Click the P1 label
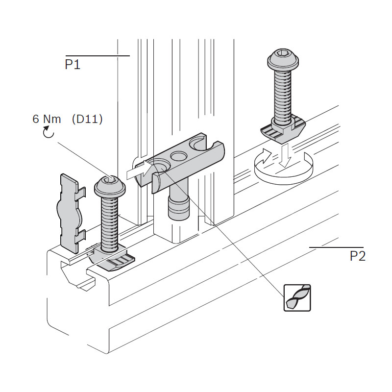pos(73,65)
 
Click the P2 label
pos(357,256)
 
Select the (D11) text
pos(87,119)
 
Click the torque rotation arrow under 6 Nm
pos(48,132)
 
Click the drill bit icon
pos(298,297)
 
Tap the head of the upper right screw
pos(283,61)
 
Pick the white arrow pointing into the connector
pos(140,171)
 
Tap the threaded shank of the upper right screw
pos(283,96)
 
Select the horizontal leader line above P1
pos(97,56)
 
